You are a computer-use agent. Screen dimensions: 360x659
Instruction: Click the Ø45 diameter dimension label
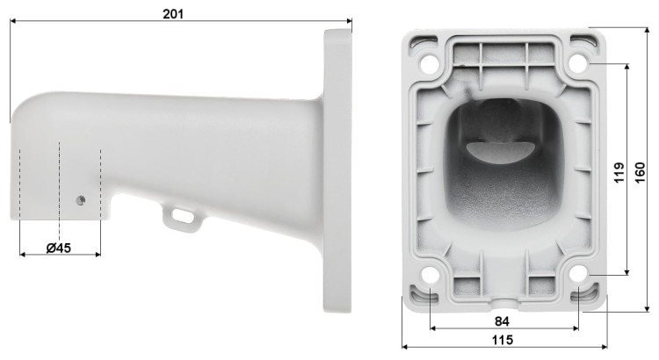pos(58,248)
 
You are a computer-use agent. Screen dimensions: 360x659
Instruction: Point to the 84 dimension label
pos(502,320)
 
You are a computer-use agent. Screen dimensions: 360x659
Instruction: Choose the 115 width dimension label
pos(502,340)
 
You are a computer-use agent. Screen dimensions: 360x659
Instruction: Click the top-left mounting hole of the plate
pos(429,64)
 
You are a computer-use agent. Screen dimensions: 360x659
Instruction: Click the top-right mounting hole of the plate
pos(578,63)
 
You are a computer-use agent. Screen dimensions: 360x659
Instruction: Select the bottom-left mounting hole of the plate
pos(429,276)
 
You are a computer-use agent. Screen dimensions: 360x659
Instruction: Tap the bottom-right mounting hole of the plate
pos(578,275)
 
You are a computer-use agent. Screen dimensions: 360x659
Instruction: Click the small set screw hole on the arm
pos(81,199)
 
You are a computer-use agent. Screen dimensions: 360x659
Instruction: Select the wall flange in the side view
pos(337,171)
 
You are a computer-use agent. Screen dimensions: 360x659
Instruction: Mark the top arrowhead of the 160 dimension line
pos(648,28)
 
